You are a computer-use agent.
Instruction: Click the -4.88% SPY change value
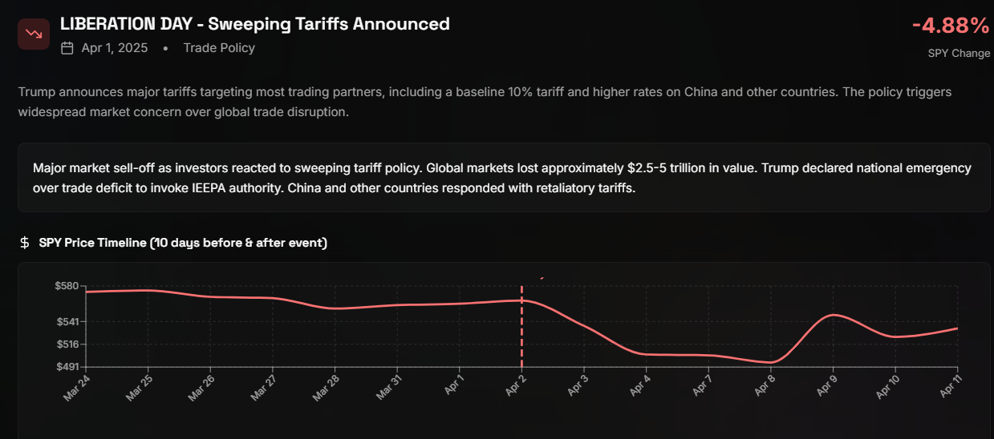tap(951, 26)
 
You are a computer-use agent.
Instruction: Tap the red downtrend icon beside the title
tap(34, 34)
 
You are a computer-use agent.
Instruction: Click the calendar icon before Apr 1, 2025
tap(67, 48)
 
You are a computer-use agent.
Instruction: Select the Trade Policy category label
tap(219, 48)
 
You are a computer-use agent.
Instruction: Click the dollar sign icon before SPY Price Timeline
tap(25, 243)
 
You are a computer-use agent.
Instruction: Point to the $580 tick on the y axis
tap(66, 286)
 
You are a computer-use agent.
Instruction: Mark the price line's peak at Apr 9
tap(834, 315)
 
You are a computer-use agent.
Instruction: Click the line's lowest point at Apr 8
tap(770, 363)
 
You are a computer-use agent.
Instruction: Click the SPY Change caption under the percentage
tap(959, 53)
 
